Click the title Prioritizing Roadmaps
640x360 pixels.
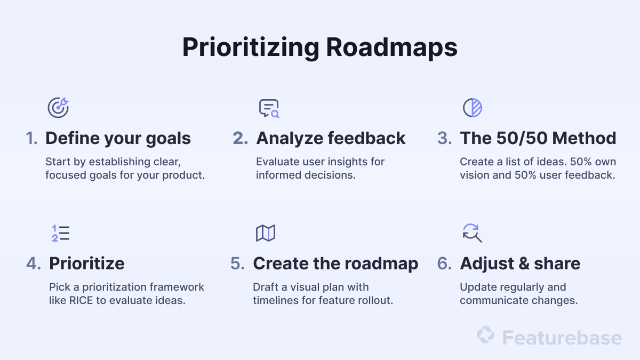pos(319,48)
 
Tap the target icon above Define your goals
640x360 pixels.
pos(58,108)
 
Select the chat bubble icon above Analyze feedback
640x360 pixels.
pos(269,108)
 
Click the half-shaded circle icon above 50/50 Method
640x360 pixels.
pos(472,108)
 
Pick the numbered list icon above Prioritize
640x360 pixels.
pos(61,233)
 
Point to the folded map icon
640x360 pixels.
pos(266,233)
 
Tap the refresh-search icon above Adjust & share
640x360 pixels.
pos(472,233)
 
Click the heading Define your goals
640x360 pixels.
pos(118,138)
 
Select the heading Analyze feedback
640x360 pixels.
pos(331,138)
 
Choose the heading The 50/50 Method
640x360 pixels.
pos(538,138)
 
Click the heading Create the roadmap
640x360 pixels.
pos(335,263)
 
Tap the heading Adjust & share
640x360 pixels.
pos(520,263)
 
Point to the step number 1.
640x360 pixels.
pos(31,138)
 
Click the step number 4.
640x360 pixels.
pos(33,263)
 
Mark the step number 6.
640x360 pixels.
pos(444,263)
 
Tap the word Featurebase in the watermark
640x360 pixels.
pos(562,338)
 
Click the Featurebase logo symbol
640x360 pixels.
pos(485,335)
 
